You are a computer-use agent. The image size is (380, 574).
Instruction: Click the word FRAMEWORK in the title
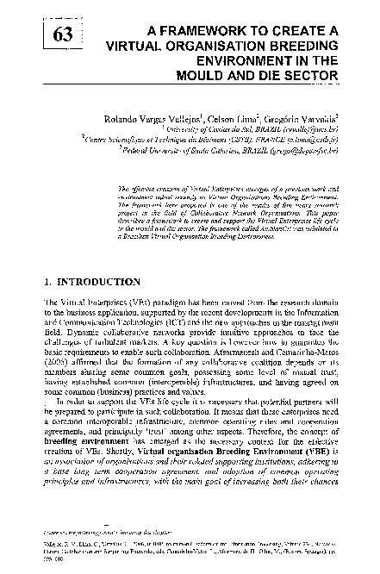coord(206,32)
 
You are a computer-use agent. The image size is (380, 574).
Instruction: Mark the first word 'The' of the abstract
coord(122,186)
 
